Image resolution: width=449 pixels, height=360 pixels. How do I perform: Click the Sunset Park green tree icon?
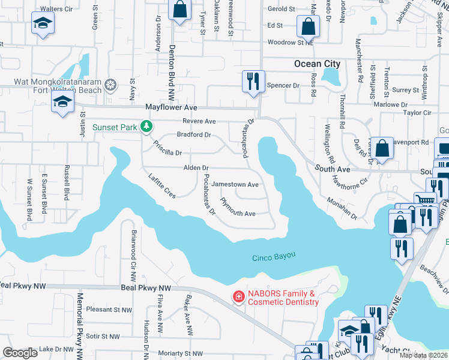(x=145, y=127)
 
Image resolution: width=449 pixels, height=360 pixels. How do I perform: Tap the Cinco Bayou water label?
(x=273, y=256)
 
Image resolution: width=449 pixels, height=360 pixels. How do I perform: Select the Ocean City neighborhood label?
(x=317, y=64)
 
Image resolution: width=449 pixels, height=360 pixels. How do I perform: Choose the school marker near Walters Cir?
(x=43, y=23)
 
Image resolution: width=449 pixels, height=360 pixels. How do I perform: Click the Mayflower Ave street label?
(x=172, y=107)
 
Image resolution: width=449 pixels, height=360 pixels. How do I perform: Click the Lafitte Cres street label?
(x=161, y=185)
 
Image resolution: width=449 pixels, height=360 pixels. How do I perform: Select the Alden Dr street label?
(x=196, y=168)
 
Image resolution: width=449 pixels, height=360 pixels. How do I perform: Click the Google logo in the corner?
(x=20, y=352)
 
